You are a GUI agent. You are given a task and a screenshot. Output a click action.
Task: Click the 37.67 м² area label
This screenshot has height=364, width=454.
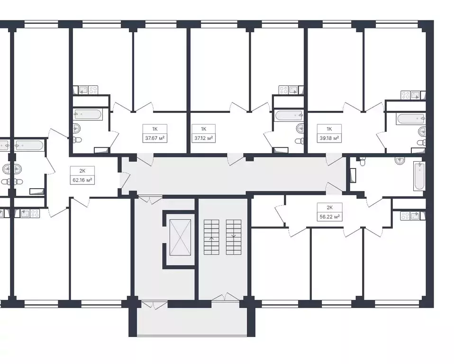pyautogui.click(x=155, y=138)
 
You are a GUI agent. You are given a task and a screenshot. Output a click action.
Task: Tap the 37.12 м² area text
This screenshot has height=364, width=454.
pyautogui.click(x=203, y=138)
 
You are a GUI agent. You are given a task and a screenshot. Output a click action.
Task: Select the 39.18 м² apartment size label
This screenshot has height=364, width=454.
pyautogui.click(x=329, y=138)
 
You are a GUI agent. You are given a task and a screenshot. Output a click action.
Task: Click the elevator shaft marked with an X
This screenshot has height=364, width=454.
pyautogui.click(x=180, y=238)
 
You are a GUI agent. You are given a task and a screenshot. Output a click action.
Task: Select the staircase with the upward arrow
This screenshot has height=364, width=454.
pyautogui.click(x=211, y=237)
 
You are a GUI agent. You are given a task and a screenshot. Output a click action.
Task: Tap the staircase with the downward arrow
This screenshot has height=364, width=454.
pyautogui.click(x=233, y=237)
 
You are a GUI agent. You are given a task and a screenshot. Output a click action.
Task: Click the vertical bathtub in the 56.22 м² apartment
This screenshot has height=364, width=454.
pyautogui.click(x=419, y=176)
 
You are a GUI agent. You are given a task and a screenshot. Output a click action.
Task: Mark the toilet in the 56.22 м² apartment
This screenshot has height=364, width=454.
pyautogui.click(x=363, y=162)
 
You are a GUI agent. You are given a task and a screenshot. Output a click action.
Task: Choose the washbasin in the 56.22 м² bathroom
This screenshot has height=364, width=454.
pyautogui.click(x=400, y=161)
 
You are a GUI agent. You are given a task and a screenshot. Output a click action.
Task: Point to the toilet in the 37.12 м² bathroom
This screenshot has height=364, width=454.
pyautogui.click(x=299, y=140)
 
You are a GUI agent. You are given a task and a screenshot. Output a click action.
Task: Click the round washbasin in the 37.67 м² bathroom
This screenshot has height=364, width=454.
pyautogui.click(x=77, y=127)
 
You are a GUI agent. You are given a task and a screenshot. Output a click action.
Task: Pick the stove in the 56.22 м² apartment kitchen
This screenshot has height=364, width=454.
pyautogui.click(x=406, y=216)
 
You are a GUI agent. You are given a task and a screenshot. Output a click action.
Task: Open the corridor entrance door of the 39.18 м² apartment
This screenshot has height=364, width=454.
pyautogui.click(x=335, y=160)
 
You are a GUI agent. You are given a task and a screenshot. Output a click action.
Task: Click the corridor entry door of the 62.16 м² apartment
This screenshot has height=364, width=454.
pyautogui.click(x=125, y=179)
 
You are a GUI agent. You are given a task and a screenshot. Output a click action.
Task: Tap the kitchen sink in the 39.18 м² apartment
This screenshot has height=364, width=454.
pyautogui.click(x=417, y=95)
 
